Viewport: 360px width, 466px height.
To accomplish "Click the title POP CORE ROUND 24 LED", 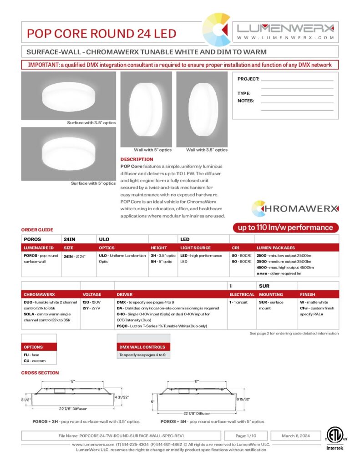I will coord(101,33).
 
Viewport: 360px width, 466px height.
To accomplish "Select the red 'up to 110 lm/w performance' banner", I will coord(283,227).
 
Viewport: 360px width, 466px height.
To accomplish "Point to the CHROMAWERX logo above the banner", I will coord(294,208).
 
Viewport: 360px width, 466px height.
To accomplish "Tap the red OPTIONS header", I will coord(39,347).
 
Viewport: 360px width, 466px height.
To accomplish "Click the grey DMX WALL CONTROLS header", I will coord(143,347).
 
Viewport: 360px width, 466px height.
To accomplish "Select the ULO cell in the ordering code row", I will coord(104,239).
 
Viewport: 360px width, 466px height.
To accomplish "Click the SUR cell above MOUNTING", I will coord(264,286).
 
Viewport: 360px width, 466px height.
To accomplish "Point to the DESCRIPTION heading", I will coord(137,159).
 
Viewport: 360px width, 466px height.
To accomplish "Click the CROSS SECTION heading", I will coord(40,373).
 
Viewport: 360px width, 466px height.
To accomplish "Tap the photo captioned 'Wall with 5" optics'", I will coord(146,109).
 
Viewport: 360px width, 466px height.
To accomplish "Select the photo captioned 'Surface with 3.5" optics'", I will coord(68,96).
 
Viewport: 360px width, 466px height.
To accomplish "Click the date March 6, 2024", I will coord(294,436).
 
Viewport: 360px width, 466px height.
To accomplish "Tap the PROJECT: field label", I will coord(248,79).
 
